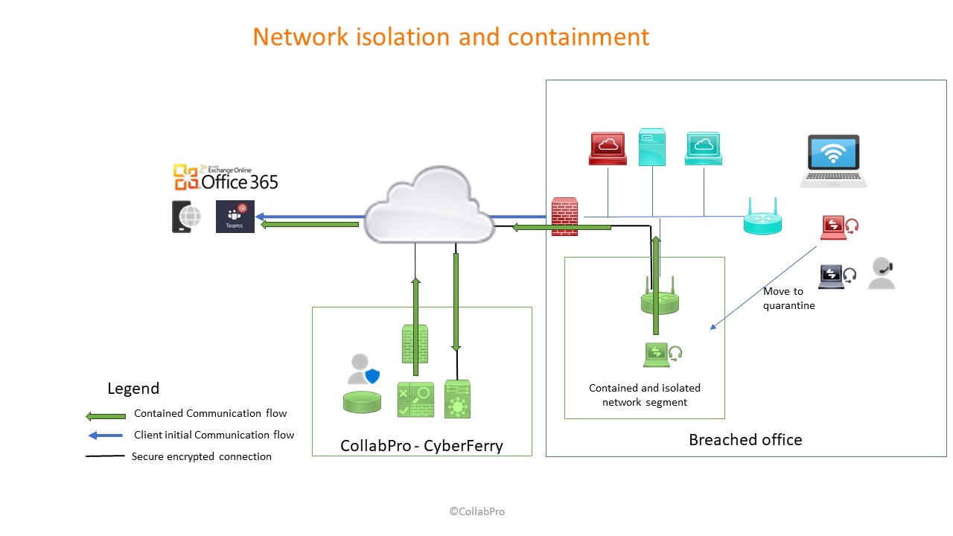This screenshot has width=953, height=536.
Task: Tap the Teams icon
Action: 235,217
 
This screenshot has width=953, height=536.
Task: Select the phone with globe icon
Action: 186,217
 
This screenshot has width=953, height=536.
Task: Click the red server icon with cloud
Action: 608,148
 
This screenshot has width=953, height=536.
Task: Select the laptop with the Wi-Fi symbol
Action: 833,161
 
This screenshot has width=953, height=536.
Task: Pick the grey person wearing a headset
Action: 882,274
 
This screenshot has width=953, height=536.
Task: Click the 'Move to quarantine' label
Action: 788,299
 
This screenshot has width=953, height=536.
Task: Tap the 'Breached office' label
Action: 745,440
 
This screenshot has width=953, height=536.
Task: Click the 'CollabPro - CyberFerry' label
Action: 421,446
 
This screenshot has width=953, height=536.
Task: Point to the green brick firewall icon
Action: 414,343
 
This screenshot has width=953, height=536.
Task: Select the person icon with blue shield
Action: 363,368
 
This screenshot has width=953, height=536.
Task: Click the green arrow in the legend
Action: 105,415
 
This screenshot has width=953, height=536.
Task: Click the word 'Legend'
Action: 133,389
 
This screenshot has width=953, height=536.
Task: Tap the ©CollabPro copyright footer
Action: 476,511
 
